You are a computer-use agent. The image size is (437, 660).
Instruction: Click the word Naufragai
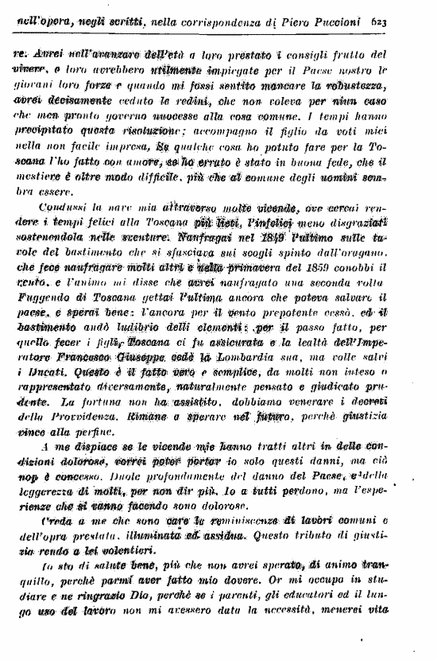point(209,237)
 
